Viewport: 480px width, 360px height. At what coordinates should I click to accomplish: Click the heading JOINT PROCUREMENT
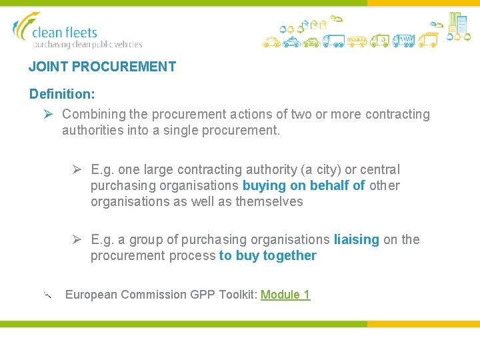click(102, 67)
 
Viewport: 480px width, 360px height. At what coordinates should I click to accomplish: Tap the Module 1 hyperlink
click(285, 295)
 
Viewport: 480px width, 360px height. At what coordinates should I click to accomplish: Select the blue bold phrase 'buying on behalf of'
click(303, 185)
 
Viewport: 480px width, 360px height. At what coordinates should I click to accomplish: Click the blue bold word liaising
click(356, 239)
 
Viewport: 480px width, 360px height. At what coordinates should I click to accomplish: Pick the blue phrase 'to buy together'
click(267, 255)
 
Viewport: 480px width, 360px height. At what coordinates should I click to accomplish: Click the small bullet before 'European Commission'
click(47, 294)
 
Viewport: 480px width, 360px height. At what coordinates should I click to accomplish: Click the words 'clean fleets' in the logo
click(65, 32)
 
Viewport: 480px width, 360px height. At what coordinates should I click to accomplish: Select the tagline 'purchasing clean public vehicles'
click(87, 45)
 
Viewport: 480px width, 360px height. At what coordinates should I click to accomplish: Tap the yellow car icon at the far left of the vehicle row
click(270, 42)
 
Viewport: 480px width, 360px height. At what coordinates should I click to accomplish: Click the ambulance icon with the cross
click(380, 41)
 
